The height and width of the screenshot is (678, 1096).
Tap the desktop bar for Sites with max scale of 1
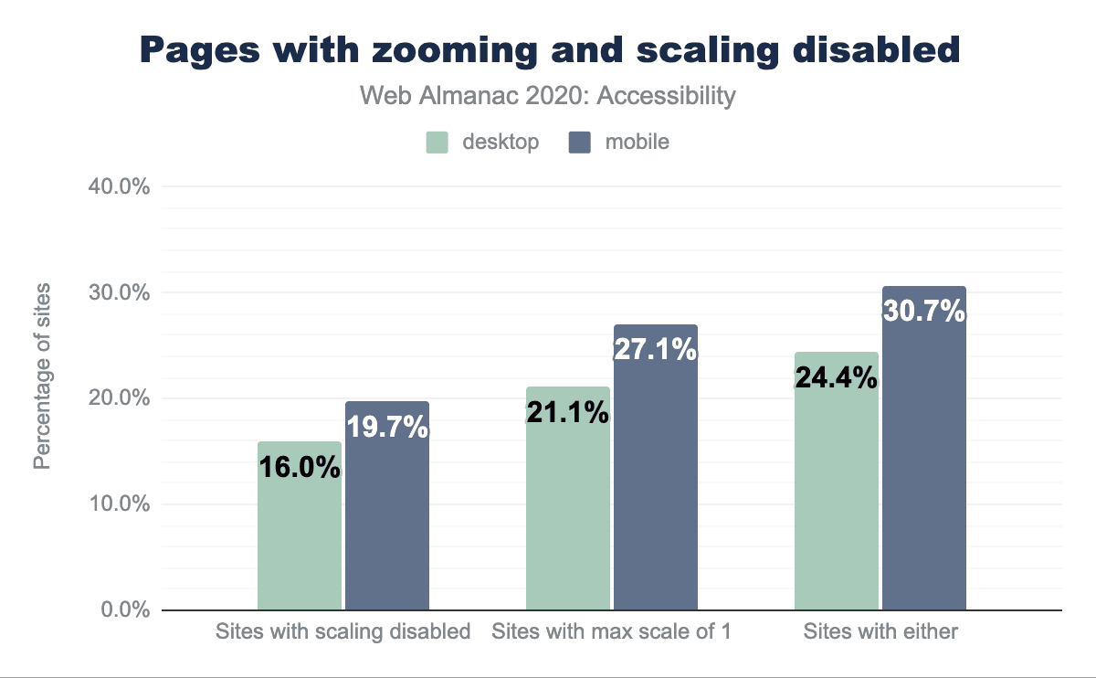(568, 512)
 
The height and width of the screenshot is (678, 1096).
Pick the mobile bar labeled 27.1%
(656, 484)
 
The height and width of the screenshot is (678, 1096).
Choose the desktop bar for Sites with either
(837, 493)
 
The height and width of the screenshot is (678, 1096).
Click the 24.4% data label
(837, 377)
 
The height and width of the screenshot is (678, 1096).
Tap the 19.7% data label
(387, 426)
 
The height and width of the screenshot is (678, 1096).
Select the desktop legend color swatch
(437, 143)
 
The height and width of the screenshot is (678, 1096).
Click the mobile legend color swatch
(580, 143)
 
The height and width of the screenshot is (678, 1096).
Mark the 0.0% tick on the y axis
(126, 610)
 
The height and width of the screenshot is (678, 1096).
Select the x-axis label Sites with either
(880, 631)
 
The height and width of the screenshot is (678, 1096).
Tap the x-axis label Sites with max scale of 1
(611, 631)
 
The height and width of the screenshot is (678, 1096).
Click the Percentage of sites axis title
(42, 376)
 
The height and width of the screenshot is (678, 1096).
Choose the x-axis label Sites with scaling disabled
(342, 631)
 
